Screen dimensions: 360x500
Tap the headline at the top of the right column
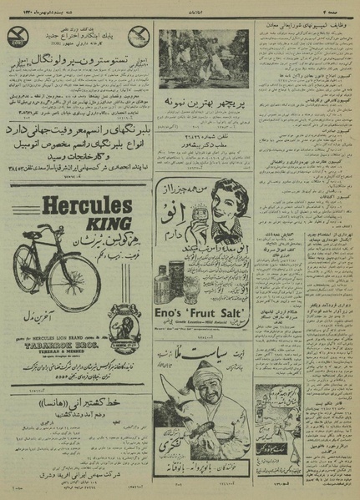(302, 24)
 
